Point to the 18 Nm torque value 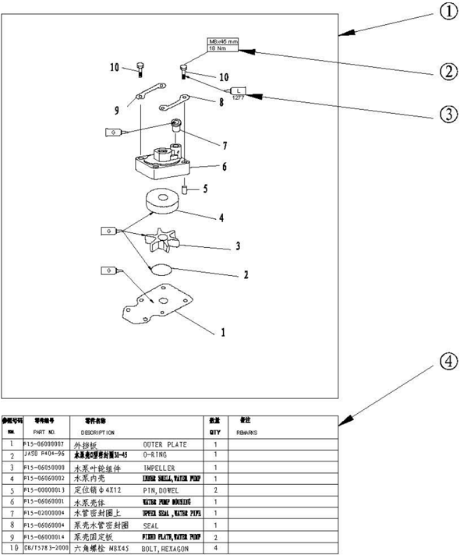click(x=218, y=48)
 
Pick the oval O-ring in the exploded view click(x=161, y=270)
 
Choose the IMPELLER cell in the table click(x=164, y=468)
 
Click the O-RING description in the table click(x=156, y=454)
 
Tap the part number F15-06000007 click(x=44, y=443)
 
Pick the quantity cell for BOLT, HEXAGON click(x=215, y=549)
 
